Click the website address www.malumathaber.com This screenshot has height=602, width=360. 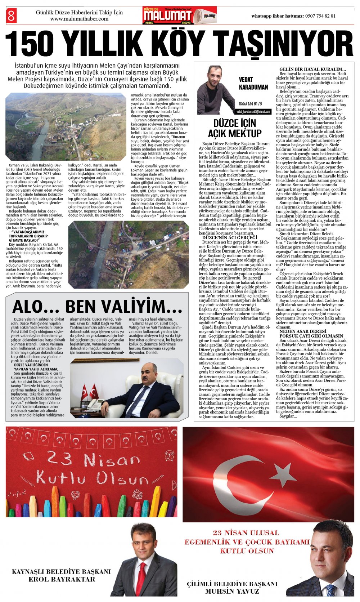79,19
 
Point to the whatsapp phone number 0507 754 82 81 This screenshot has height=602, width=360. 320,16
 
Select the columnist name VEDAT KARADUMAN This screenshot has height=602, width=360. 253,83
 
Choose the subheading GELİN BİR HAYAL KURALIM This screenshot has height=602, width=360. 312,69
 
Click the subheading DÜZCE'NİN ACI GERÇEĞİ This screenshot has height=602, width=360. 230,237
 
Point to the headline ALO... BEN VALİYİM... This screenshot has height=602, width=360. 97,307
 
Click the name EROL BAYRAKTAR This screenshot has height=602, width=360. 62,579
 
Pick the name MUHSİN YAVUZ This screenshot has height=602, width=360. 232,591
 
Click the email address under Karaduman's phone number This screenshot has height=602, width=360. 253,112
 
